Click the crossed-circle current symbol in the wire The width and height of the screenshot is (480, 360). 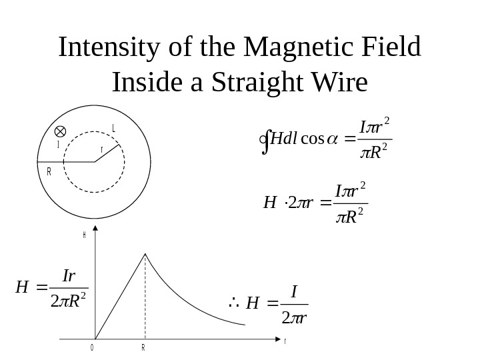click(x=60, y=131)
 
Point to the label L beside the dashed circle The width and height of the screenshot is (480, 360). click(x=114, y=128)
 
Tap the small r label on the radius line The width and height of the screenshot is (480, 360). click(x=101, y=150)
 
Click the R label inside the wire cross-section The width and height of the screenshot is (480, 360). click(x=49, y=171)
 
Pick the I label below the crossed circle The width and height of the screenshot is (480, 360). click(x=58, y=144)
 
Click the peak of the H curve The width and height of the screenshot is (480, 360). click(x=146, y=253)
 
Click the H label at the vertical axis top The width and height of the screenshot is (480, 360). click(x=85, y=235)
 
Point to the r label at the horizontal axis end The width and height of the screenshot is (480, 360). click(x=285, y=341)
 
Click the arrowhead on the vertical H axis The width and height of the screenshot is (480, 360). click(x=97, y=229)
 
